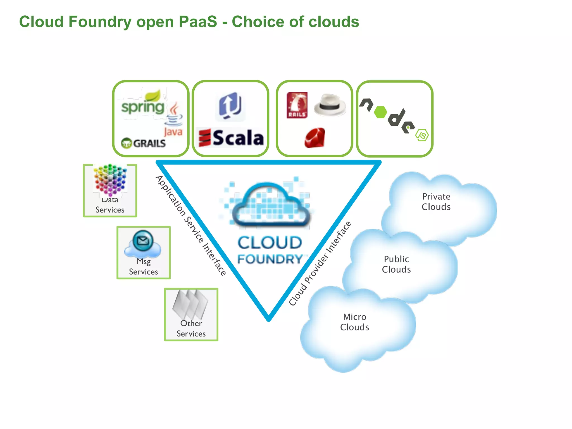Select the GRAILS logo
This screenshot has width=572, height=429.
[144, 143]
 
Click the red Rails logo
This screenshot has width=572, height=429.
[297, 105]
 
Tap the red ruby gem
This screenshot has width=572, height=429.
[315, 138]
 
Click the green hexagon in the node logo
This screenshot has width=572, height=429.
[380, 112]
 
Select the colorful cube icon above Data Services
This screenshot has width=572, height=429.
[110, 180]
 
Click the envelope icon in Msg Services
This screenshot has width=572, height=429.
[143, 240]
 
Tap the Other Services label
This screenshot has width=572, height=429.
[191, 328]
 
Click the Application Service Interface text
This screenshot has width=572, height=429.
[191, 226]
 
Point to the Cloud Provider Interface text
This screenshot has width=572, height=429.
[320, 263]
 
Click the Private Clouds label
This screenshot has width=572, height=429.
[436, 202]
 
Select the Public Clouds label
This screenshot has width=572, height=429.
[396, 264]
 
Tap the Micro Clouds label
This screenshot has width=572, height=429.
[354, 322]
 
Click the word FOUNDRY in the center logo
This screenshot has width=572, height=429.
[270, 259]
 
